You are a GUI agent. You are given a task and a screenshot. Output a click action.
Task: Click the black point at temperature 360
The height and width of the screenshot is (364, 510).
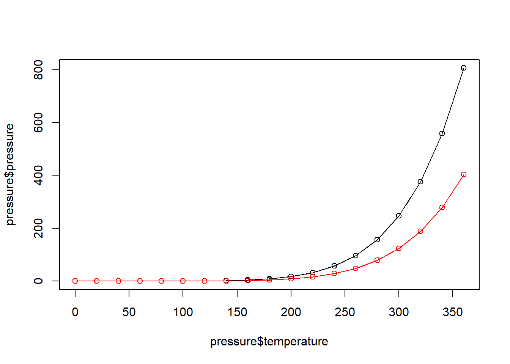tap(463, 68)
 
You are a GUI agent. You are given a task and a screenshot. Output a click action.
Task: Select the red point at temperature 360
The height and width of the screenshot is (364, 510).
tap(463, 175)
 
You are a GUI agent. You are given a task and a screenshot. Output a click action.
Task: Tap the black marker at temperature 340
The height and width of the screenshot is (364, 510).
tap(442, 133)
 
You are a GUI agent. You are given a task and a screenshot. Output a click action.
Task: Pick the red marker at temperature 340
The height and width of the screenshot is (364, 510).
tap(442, 207)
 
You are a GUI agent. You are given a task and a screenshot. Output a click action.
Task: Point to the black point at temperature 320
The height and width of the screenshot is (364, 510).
tap(420, 182)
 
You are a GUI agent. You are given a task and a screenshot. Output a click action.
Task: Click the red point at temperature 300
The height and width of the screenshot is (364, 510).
tap(398, 248)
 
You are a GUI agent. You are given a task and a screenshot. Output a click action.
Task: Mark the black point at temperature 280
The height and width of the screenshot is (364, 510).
tap(377, 240)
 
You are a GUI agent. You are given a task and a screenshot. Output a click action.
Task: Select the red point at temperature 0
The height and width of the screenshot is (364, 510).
tap(75, 281)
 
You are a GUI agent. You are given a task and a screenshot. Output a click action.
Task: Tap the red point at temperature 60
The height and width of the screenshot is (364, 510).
tap(140, 281)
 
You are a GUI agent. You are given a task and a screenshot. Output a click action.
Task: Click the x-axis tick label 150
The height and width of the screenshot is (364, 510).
tap(237, 312)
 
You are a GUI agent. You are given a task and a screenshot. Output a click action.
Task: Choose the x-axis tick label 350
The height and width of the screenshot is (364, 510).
tap(453, 312)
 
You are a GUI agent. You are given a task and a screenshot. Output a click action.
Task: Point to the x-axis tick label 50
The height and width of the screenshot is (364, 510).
tap(129, 312)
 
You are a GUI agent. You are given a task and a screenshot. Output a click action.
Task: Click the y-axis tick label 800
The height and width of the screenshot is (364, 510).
tap(38, 70)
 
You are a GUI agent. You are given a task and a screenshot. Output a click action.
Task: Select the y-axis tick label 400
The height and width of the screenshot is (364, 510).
tap(38, 175)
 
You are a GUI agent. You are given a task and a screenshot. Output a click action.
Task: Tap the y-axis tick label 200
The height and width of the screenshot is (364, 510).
tap(38, 228)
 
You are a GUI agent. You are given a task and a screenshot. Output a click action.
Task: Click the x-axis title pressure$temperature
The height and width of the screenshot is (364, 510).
tap(269, 342)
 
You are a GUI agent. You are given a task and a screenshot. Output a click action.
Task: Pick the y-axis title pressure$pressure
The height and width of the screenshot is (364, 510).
tap(10, 174)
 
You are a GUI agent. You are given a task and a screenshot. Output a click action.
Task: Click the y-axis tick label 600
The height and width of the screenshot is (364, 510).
tap(38, 122)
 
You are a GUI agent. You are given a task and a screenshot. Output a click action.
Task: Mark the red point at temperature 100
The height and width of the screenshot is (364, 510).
tap(183, 281)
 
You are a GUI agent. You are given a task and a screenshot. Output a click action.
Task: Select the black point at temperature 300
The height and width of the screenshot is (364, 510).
tap(398, 216)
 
